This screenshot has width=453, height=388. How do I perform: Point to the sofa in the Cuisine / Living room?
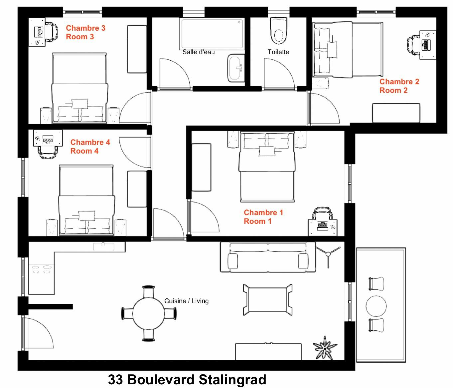(x=267, y=257)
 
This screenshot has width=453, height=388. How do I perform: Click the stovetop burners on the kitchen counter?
(x=41, y=269)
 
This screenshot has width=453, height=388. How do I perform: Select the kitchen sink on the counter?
(x=103, y=246)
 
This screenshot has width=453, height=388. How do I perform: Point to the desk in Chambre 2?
(x=428, y=45)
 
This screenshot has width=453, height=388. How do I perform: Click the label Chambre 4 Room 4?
(x=90, y=147)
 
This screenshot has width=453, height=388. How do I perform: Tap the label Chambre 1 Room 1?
(x=263, y=217)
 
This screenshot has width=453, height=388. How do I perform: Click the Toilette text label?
(x=278, y=52)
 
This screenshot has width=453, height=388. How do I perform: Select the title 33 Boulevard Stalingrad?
(x=187, y=380)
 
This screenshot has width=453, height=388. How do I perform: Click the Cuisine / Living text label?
(x=186, y=301)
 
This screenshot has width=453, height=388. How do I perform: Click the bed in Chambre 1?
(x=267, y=167)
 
